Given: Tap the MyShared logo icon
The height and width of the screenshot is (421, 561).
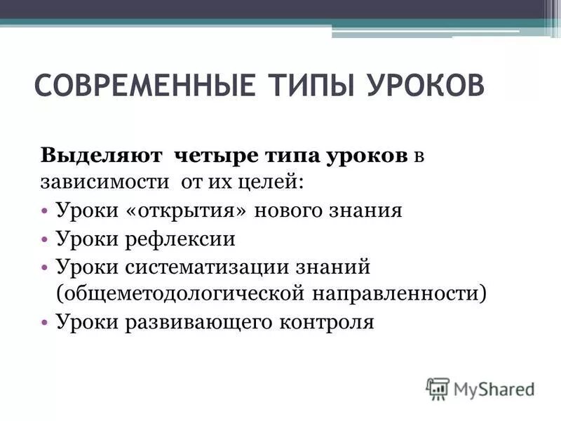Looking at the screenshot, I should [438, 388].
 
